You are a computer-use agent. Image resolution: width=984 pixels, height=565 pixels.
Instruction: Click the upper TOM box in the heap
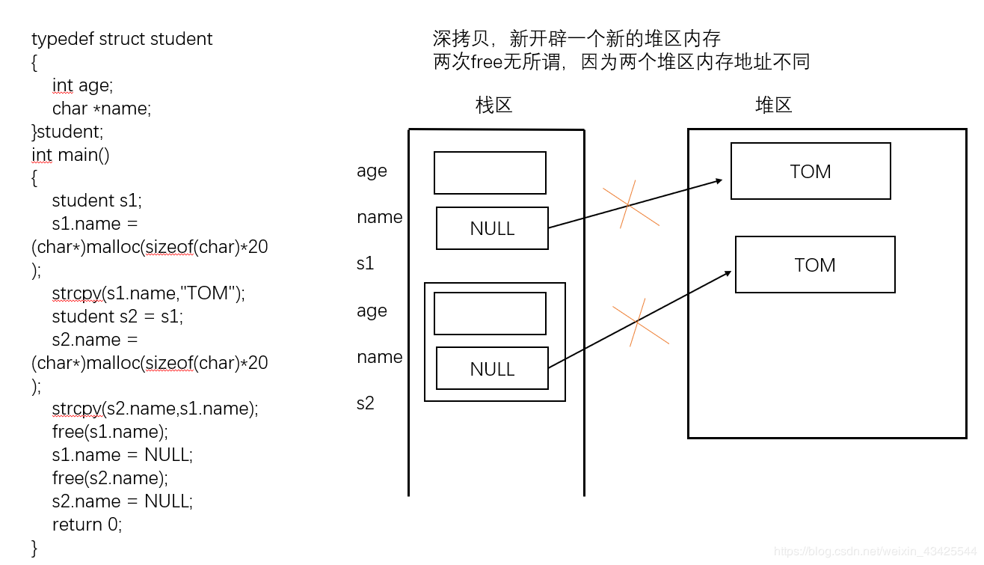pyautogui.click(x=811, y=171)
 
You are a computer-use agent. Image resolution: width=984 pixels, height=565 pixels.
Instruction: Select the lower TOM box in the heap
pyautogui.click(x=815, y=265)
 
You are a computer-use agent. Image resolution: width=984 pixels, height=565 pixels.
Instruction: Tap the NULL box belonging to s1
pyautogui.click(x=492, y=228)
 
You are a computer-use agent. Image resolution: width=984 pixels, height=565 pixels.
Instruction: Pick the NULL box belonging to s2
pyautogui.click(x=492, y=368)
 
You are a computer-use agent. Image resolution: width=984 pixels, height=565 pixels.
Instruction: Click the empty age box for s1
pyautogui.click(x=490, y=173)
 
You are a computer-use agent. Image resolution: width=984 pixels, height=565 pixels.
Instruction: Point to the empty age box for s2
pyautogui.click(x=490, y=314)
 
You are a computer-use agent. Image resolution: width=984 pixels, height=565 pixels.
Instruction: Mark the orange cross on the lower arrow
pyautogui.click(x=638, y=322)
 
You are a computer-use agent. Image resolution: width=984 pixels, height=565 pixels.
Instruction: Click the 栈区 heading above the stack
pyautogui.click(x=494, y=105)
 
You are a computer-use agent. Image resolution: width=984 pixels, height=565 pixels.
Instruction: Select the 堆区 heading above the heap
pyautogui.click(x=773, y=105)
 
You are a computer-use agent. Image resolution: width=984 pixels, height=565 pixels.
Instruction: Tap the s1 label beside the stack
pyautogui.click(x=365, y=263)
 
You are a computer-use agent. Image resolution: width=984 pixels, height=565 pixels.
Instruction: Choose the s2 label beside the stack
pyautogui.click(x=365, y=403)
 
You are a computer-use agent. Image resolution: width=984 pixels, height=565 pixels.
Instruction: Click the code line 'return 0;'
pyautogui.click(x=87, y=525)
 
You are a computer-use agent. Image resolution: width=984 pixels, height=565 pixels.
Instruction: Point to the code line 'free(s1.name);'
pyautogui.click(x=110, y=432)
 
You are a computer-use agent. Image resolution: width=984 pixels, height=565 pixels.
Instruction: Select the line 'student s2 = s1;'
pyautogui.click(x=117, y=317)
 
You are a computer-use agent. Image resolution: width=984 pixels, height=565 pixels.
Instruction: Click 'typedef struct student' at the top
pyautogui.click(x=122, y=39)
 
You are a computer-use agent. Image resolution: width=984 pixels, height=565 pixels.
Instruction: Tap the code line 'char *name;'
pyautogui.click(x=102, y=109)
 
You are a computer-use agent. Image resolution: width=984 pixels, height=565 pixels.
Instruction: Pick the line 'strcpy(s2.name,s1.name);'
pyautogui.click(x=155, y=409)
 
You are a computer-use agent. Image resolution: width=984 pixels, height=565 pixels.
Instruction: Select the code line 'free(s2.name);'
pyautogui.click(x=110, y=478)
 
